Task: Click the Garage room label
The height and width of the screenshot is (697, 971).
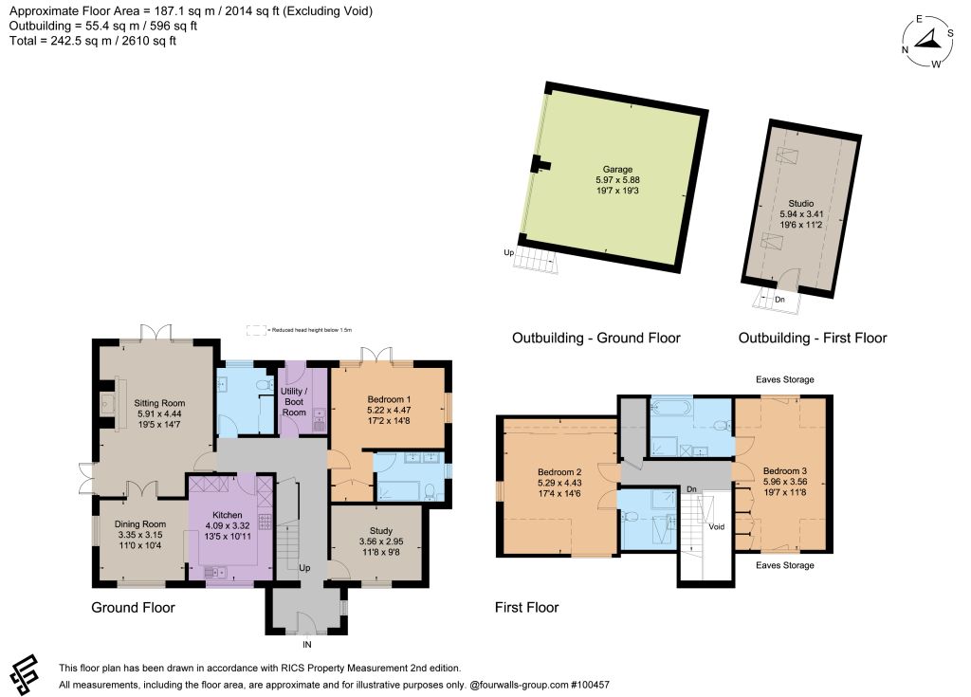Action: point(617,169)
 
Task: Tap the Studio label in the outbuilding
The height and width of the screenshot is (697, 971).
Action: point(800,203)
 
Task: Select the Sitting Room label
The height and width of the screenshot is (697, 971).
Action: point(159,403)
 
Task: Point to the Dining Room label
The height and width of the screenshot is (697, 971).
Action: point(140,524)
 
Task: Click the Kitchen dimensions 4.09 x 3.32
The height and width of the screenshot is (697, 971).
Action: point(228,525)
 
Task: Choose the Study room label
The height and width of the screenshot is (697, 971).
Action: point(381,530)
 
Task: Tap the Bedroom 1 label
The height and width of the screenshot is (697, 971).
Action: point(389,399)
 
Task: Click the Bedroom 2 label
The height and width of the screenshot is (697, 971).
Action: point(559,472)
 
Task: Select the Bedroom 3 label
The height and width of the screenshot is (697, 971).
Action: point(784,471)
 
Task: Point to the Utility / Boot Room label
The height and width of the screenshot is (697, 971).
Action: point(294,401)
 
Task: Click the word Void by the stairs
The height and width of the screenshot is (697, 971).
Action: point(717,526)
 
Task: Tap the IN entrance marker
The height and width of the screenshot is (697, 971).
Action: point(307,644)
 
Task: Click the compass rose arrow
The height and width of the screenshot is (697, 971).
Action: point(927,41)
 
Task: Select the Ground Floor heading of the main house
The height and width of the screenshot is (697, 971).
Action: point(133,607)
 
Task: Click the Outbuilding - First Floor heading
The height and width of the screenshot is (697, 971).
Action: point(813,338)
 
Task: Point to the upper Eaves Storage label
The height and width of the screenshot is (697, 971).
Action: point(784,379)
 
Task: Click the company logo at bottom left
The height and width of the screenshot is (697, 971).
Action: point(24,674)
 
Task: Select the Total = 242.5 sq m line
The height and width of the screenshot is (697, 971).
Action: point(93,41)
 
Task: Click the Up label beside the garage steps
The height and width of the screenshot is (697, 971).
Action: point(508,252)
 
